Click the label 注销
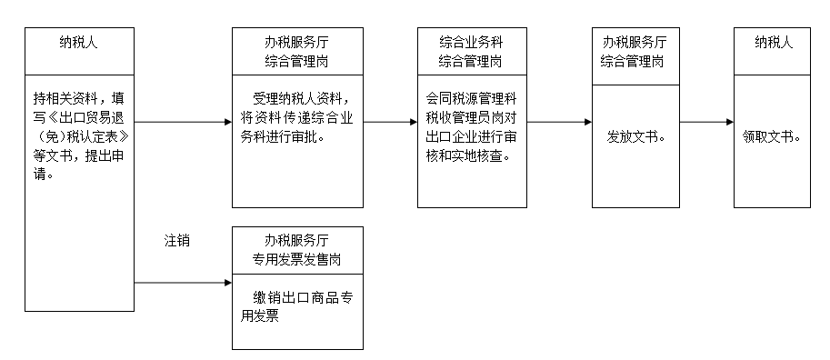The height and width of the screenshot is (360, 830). (176, 241)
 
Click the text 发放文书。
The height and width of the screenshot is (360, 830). (635, 138)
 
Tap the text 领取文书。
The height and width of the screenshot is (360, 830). (772, 138)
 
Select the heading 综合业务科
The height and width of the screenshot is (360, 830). (471, 43)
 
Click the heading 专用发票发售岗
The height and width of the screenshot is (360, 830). (297, 259)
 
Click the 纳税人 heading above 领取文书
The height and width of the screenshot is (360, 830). (773, 42)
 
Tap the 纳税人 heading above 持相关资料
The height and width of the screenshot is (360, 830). (79, 42)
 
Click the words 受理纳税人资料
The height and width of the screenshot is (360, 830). (299, 99)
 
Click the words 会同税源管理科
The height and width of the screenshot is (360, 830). (471, 99)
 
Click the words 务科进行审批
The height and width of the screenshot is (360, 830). (283, 138)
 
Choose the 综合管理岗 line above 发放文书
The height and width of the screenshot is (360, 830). (635, 61)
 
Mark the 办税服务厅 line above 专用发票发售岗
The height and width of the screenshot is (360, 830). (297, 240)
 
